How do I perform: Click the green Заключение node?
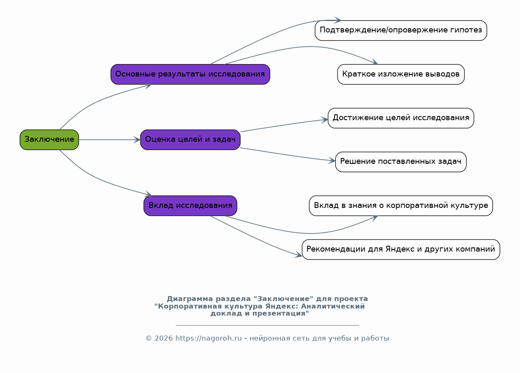(x=49, y=140)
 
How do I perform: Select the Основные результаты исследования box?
(x=190, y=74)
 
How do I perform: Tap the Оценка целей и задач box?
(x=190, y=140)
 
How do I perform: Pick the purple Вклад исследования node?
(x=190, y=205)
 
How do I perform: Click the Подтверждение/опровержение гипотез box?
(x=401, y=30)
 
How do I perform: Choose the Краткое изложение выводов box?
(x=401, y=74)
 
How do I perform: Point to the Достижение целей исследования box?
(x=401, y=118)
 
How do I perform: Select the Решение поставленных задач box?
(x=401, y=162)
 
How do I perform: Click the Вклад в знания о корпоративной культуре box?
(x=401, y=205)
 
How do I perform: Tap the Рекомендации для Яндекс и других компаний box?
(x=401, y=249)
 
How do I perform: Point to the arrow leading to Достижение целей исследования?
(x=284, y=125)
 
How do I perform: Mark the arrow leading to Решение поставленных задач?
(x=287, y=155)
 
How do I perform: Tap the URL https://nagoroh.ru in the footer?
(x=208, y=338)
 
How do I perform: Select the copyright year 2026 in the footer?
(x=164, y=338)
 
